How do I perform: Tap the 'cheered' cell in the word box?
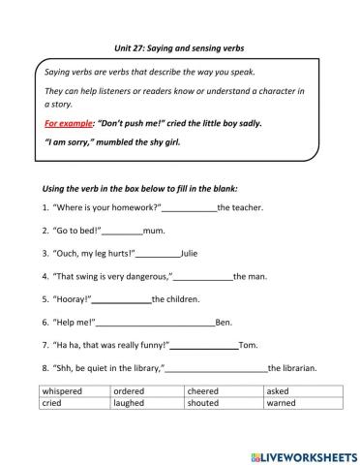[x=204, y=390]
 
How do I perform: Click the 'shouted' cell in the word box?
[x=203, y=402]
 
